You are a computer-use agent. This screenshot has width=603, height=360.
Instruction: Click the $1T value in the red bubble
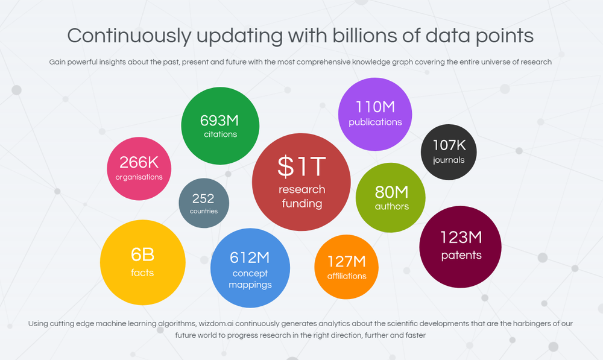pos(301,166)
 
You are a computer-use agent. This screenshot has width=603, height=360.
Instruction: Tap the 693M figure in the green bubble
pos(220,120)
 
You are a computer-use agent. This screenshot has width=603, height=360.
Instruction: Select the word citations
pos(220,134)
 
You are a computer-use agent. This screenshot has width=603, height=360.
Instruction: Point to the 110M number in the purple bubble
pos(375,107)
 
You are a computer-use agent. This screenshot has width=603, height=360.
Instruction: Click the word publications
pos(375,122)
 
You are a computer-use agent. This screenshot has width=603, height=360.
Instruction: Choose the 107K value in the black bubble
pos(449,145)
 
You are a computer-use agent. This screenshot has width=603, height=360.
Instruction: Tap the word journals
pos(449,160)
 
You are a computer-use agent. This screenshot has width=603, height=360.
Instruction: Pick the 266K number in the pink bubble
pos(139,162)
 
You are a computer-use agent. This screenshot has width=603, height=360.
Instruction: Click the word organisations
pos(139,177)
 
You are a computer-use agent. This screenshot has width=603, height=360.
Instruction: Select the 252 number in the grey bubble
pos(204,198)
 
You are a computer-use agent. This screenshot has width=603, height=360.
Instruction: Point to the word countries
pos(204,211)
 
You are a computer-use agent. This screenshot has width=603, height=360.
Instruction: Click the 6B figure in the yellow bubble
pos(142,254)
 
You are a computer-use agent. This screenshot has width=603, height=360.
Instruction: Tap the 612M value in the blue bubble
pos(250,257)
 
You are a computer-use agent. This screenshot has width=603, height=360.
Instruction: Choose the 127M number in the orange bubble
pos(347,261)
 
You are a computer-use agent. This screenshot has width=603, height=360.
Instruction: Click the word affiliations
pos(347,276)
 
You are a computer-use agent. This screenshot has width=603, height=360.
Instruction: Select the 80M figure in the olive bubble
pos(391,192)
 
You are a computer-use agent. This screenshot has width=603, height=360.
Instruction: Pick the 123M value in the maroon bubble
pos(461,237)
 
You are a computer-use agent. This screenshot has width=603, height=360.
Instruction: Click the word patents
pos(461,255)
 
